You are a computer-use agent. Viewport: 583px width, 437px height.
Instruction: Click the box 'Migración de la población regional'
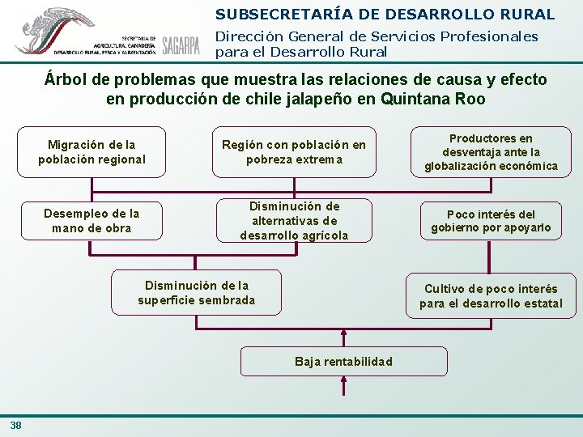tap(91, 152)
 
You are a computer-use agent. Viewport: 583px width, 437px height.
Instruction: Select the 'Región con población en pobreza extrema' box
tap(294, 152)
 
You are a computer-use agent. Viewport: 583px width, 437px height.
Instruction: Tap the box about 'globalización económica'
tap(491, 152)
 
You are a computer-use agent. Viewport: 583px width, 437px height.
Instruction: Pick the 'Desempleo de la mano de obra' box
tap(91, 220)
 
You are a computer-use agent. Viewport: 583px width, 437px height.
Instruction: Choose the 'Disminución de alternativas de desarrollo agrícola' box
tap(294, 221)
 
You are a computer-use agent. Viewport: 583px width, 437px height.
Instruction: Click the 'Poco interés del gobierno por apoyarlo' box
tap(491, 221)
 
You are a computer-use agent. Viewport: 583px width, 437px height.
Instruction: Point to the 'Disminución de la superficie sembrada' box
tap(196, 292)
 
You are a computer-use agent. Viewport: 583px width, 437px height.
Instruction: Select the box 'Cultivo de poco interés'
tap(491, 296)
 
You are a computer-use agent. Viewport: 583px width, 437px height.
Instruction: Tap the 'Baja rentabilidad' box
tap(343, 361)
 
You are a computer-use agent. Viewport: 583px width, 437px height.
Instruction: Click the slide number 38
tap(16, 426)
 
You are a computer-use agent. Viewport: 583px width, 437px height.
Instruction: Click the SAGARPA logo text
tap(181, 45)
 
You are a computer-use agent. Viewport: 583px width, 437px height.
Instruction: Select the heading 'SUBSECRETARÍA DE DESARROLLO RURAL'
tap(385, 14)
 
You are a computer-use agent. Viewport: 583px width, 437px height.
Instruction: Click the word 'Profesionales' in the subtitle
tap(493, 36)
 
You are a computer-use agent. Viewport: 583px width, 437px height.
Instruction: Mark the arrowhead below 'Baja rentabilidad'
tap(343, 380)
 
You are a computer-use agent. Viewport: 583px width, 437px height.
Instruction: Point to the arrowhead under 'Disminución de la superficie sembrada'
tap(196, 317)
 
